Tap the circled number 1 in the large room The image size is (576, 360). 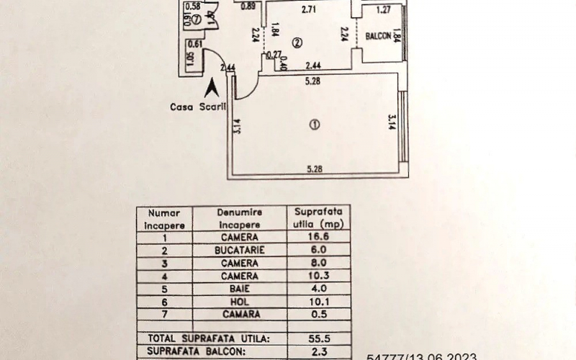[x=313, y=125]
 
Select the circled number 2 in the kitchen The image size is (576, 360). [x=296, y=43]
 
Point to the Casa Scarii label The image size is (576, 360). [x=197, y=107]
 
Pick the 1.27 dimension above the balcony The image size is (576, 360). [x=383, y=9]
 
